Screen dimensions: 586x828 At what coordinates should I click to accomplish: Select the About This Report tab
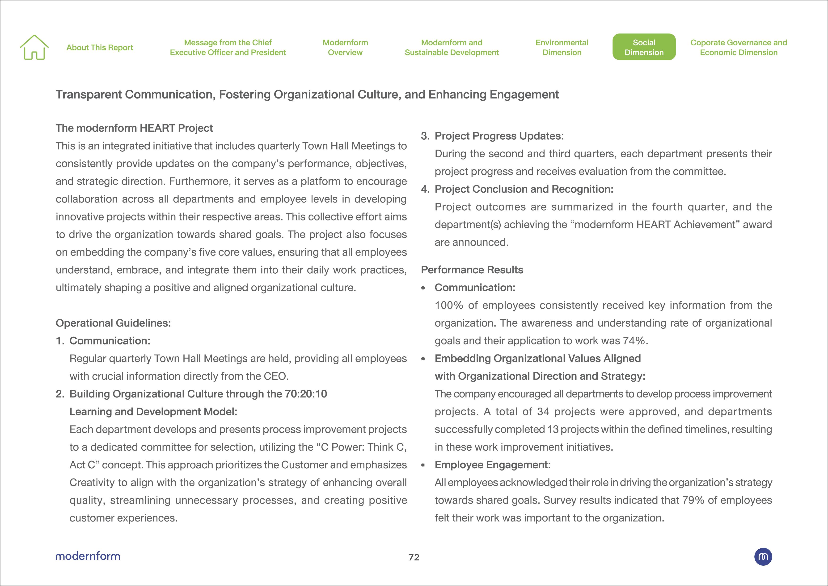click(100, 48)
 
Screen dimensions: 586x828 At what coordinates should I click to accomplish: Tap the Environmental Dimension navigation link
click(562, 47)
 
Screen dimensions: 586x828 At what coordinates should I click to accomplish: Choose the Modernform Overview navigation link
click(345, 47)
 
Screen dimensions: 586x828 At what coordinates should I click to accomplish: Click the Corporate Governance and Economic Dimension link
click(738, 47)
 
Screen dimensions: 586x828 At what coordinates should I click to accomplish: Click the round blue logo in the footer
click(763, 556)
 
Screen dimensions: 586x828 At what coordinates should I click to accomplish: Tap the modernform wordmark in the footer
click(88, 556)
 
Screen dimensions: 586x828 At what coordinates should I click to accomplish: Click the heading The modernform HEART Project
click(134, 128)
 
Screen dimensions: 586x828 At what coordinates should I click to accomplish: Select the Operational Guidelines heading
click(113, 323)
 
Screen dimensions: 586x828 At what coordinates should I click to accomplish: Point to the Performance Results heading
click(472, 270)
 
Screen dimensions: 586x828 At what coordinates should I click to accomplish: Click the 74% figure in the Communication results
click(634, 340)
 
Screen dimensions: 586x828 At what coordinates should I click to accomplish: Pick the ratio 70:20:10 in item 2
click(306, 394)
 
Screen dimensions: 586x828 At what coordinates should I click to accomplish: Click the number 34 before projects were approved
click(543, 412)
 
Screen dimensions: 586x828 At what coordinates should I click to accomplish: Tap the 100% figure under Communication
click(449, 305)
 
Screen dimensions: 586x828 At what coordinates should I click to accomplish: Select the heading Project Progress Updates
click(499, 136)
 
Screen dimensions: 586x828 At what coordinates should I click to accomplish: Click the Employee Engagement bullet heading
click(493, 465)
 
